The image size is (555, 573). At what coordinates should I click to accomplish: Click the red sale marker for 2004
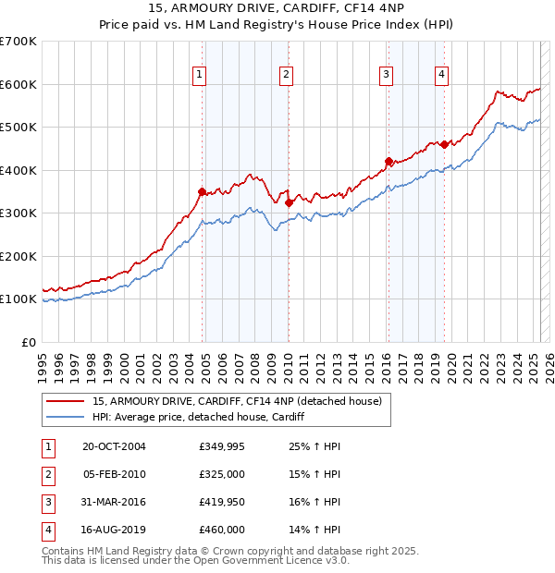pyautogui.click(x=202, y=191)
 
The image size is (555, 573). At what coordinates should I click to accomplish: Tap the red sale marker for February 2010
pyautogui.click(x=289, y=202)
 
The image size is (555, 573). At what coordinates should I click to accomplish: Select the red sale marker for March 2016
pyautogui.click(x=388, y=161)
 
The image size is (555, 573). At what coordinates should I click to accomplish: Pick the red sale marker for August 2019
pyautogui.click(x=444, y=144)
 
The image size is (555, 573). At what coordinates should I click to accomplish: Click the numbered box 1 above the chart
pyautogui.click(x=200, y=75)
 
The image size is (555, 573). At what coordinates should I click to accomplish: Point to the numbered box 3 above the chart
pyautogui.click(x=386, y=75)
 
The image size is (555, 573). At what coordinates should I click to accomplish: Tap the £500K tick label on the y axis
pyautogui.click(x=18, y=127)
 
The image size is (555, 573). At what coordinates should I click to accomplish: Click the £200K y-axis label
pyautogui.click(x=18, y=256)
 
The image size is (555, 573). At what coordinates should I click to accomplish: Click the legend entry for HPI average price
pyautogui.click(x=198, y=417)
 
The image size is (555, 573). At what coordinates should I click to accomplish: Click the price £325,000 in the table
pyautogui.click(x=221, y=475)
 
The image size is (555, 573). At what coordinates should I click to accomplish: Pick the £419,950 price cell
pyautogui.click(x=221, y=503)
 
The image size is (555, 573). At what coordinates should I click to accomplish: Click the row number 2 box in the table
pyautogui.click(x=46, y=475)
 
